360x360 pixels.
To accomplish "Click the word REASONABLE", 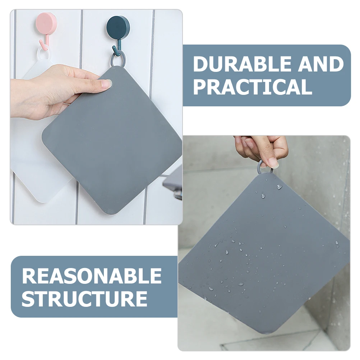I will coord(92,276).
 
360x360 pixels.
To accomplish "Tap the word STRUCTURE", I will coord(84,298).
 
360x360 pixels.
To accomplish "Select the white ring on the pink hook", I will coord(43,54).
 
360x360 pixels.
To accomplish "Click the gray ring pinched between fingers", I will coord(264,167).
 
